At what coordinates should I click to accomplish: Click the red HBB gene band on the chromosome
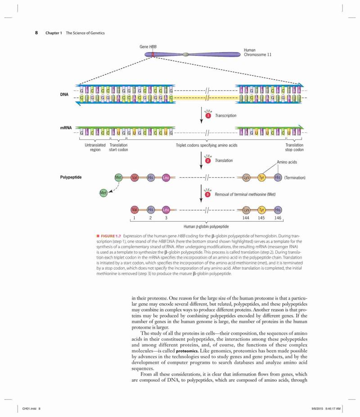point(153,54)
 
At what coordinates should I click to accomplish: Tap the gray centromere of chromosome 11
point(186,54)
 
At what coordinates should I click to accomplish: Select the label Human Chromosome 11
point(257,52)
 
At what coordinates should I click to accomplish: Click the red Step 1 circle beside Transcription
point(208,115)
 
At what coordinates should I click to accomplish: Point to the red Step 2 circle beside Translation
point(208,161)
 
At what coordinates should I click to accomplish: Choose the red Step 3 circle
point(208,195)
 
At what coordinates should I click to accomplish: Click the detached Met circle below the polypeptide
point(103,193)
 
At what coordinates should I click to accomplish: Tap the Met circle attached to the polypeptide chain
point(118,177)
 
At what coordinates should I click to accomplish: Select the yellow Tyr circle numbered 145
point(262,210)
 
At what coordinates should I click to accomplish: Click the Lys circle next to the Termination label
point(246,177)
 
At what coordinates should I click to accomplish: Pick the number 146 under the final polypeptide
point(278,218)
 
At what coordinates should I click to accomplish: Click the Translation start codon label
point(118,147)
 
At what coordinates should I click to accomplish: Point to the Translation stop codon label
point(294,147)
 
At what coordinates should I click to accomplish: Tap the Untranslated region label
point(95,147)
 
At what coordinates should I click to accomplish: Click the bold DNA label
point(64,95)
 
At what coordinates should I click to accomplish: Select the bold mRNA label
point(66,127)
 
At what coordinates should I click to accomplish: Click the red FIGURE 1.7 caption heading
point(109,236)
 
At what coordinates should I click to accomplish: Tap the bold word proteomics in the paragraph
point(187,351)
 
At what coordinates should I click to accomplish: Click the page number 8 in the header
point(36,33)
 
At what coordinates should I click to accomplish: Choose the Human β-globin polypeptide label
point(206,227)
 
